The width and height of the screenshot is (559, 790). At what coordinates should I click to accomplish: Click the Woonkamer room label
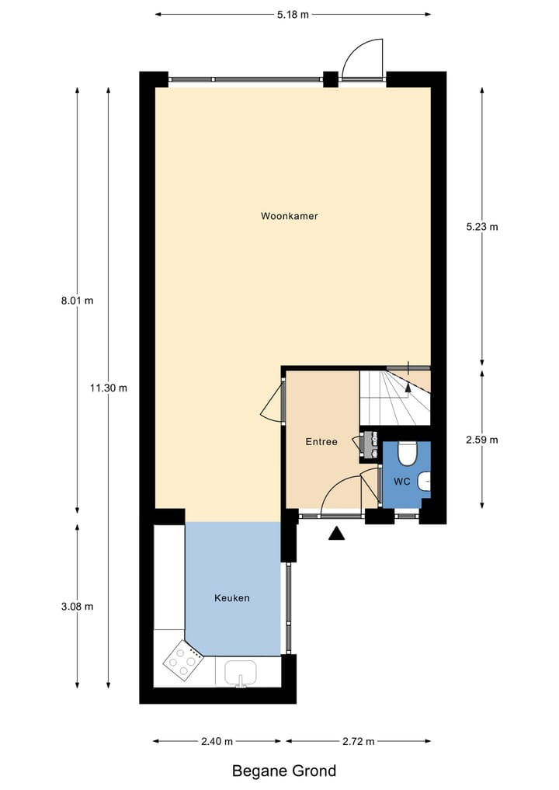(289, 216)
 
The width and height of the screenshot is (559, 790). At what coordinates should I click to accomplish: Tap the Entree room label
(321, 442)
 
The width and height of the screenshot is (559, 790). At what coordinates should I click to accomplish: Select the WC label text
(401, 482)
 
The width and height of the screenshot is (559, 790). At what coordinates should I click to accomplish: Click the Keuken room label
(231, 598)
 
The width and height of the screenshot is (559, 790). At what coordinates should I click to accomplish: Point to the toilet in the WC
(407, 452)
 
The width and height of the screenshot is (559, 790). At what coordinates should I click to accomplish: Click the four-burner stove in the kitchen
(182, 659)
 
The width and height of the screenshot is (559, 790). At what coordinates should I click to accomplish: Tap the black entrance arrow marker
(336, 533)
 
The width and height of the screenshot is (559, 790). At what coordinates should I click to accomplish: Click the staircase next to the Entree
(394, 397)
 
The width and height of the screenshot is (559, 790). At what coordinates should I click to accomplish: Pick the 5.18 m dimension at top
(293, 14)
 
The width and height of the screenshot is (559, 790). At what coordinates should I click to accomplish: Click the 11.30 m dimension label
(109, 388)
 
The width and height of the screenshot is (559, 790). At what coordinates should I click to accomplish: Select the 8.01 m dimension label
(77, 301)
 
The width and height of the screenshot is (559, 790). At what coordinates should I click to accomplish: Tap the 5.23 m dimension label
(481, 227)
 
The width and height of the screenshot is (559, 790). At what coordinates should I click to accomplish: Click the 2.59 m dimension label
(481, 440)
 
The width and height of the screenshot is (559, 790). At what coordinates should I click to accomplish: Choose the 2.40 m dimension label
(217, 741)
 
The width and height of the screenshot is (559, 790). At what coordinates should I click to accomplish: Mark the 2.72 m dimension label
(359, 741)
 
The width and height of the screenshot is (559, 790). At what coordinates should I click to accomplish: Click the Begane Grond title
(284, 771)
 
